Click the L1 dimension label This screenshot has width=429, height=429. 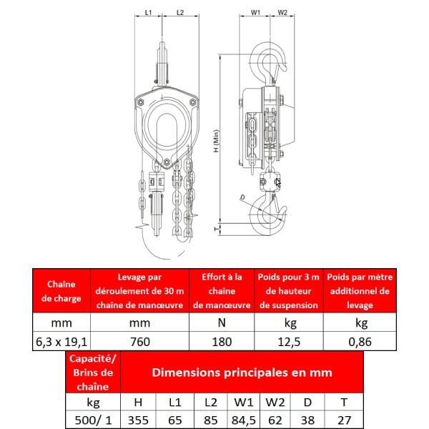pos(148,12)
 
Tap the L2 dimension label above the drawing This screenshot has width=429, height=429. pos(180,12)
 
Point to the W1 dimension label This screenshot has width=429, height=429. pos(255,12)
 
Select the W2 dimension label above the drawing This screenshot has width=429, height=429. pos(282,12)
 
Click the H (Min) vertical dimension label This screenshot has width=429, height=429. pos(216,141)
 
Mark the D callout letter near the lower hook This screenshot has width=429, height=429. pos(242,197)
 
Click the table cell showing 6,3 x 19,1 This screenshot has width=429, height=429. pos(61,342)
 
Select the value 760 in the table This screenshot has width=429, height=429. pos(140,342)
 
